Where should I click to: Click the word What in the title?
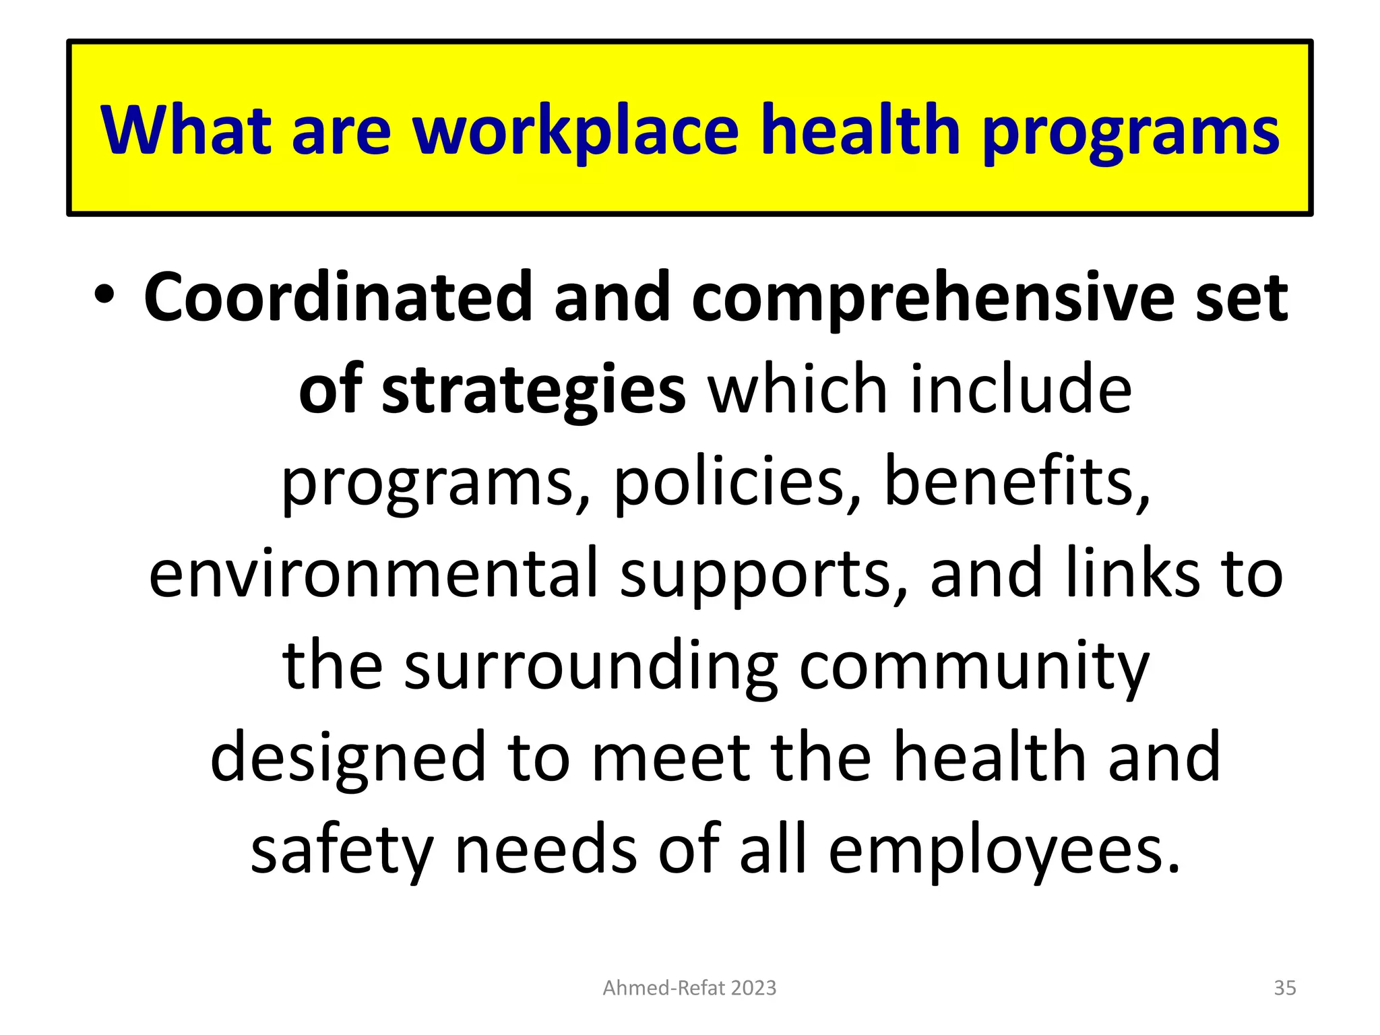[x=185, y=129]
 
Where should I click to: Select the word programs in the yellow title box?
[x=1131, y=133]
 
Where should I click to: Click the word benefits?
[x=1016, y=480]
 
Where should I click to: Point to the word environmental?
[x=374, y=573]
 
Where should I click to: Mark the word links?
[x=1139, y=573]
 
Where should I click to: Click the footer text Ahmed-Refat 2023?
[x=689, y=988]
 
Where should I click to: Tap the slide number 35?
[x=1285, y=988]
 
